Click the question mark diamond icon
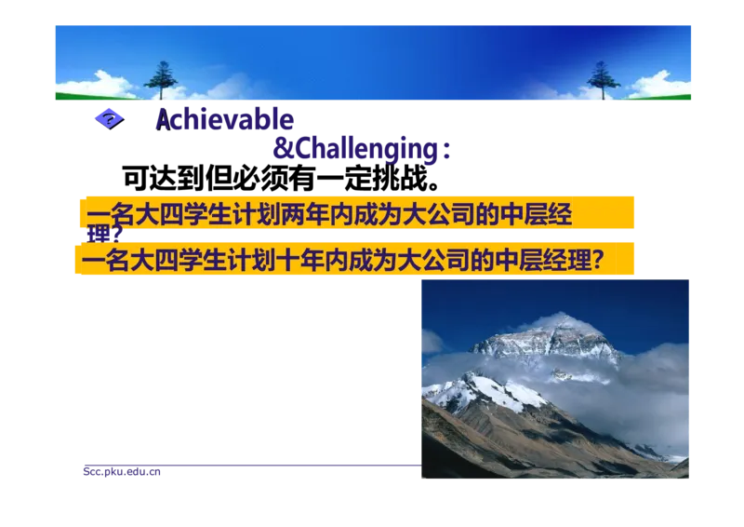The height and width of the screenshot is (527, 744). [x=110, y=119]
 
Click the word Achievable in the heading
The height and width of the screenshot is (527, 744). [x=223, y=121]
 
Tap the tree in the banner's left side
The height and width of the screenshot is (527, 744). [x=161, y=78]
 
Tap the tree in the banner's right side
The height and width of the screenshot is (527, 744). [x=602, y=78]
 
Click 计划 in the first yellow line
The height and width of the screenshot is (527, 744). [x=244, y=215]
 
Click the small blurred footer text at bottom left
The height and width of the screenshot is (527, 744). [x=122, y=471]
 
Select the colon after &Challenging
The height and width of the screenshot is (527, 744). [x=447, y=153]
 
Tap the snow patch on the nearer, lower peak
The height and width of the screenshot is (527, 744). [x=484, y=391]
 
